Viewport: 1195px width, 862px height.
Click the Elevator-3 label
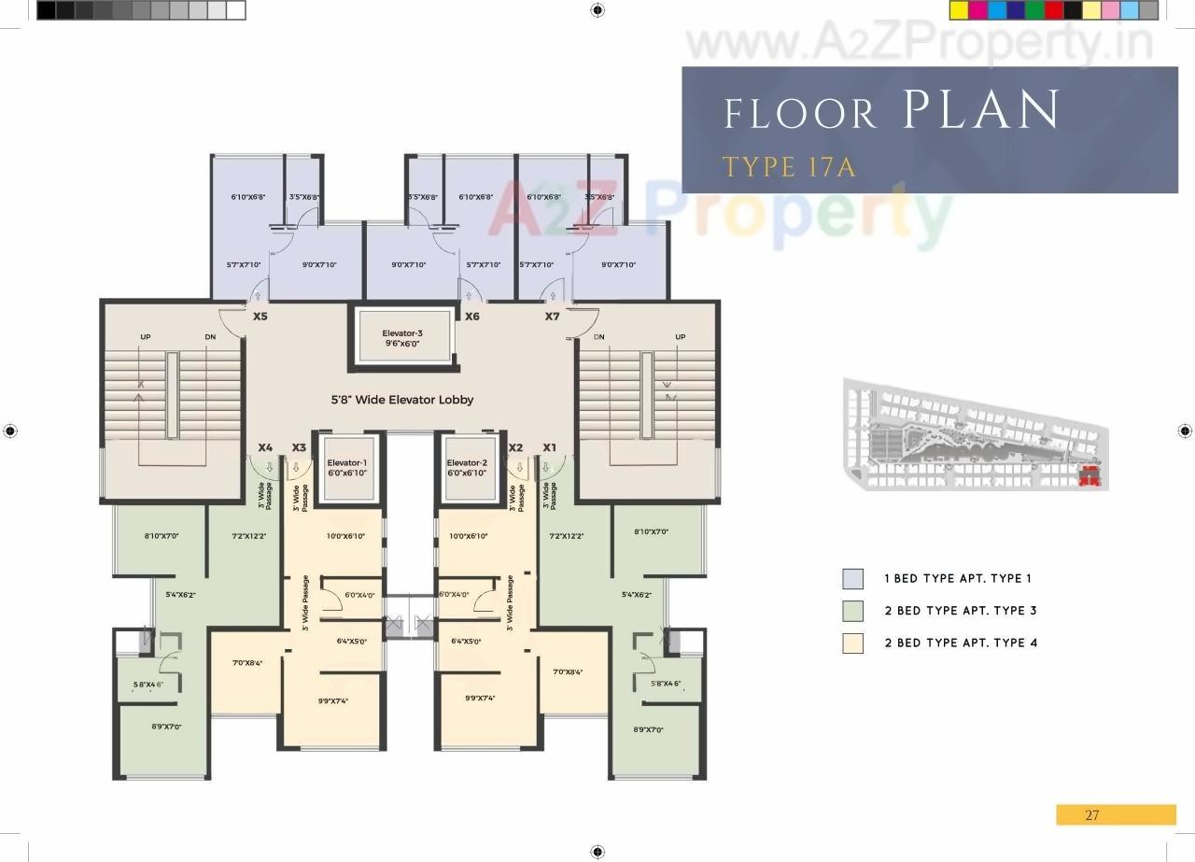click(401, 333)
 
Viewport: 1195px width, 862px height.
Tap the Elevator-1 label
click(346, 463)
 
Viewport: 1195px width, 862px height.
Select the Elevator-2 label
click(468, 463)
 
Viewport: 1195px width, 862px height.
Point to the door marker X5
click(260, 317)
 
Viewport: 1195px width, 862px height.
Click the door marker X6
click(472, 317)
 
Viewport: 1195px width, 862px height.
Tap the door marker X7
click(552, 317)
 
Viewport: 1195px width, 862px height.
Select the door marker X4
click(265, 447)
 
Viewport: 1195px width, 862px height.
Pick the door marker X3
click(299, 447)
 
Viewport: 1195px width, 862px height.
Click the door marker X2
click(515, 447)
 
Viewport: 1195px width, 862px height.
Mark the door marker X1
click(549, 447)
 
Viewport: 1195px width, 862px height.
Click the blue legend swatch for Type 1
click(852, 579)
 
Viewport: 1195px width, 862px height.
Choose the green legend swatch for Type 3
click(852, 611)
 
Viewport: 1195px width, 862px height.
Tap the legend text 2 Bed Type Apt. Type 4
click(961, 643)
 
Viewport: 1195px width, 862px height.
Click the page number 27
click(1092, 815)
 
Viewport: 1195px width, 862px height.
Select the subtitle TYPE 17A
click(789, 167)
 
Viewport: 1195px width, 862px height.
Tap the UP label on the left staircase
click(146, 337)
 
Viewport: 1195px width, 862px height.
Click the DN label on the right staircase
click(598, 337)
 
